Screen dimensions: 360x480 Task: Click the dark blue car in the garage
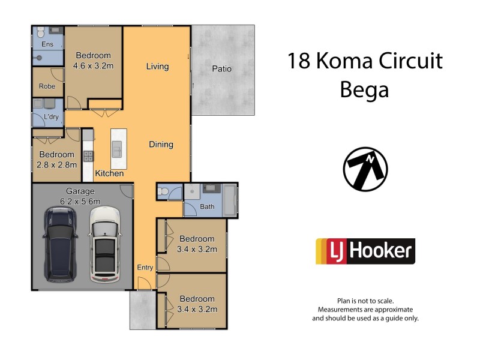[x=61, y=245]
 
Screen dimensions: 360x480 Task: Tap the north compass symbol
[x=365, y=169]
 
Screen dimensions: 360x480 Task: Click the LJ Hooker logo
[x=365, y=251]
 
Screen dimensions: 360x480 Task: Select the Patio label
[x=221, y=69]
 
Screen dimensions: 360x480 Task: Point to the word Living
[x=157, y=67]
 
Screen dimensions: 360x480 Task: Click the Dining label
[x=161, y=145]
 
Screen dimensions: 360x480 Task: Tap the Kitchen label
[x=109, y=173]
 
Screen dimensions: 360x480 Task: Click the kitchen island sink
[x=116, y=148]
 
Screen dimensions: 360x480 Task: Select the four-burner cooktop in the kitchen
[x=88, y=156]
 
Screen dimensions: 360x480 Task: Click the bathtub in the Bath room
[x=231, y=200]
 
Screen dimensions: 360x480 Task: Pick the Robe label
[x=46, y=86]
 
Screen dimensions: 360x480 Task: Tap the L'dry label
[x=50, y=117]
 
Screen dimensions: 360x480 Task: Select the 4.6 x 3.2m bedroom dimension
[x=93, y=66]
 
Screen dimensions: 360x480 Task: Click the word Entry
[x=145, y=268]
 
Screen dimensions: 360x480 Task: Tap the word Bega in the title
[x=364, y=89]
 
